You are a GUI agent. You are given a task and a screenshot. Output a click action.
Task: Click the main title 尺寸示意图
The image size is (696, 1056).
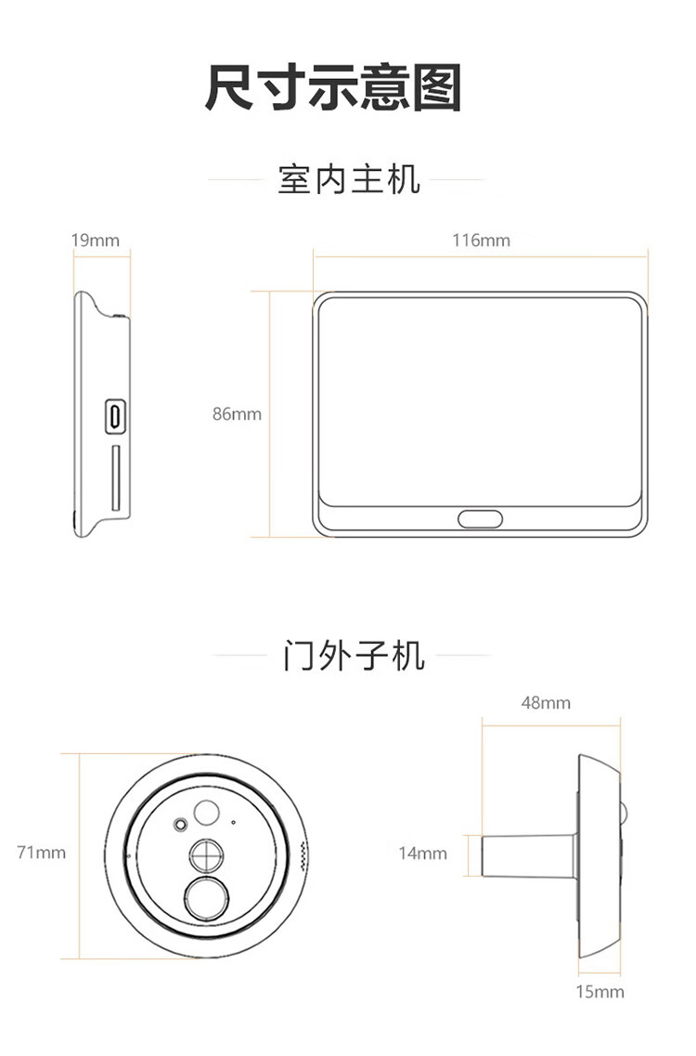pyautogui.click(x=333, y=87)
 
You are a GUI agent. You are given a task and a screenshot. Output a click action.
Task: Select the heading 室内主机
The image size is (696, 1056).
pyautogui.click(x=349, y=180)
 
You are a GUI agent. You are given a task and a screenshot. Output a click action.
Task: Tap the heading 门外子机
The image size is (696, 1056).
pyautogui.click(x=354, y=656)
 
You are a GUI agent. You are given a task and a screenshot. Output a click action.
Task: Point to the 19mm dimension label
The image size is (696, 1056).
pyautogui.click(x=95, y=241)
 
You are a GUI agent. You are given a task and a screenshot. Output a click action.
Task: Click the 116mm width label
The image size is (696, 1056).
pyautogui.click(x=481, y=241)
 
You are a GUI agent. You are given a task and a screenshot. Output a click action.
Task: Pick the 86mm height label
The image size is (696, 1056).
pyautogui.click(x=237, y=414)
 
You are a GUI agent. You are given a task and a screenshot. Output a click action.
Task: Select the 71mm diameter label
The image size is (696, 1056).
pyautogui.click(x=41, y=853)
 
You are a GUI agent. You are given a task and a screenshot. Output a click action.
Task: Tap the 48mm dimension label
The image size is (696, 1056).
pyautogui.click(x=546, y=703)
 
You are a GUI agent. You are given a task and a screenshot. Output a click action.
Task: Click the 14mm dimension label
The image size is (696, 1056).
pyautogui.click(x=423, y=854)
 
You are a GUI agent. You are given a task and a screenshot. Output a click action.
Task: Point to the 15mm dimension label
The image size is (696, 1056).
pyautogui.click(x=599, y=992)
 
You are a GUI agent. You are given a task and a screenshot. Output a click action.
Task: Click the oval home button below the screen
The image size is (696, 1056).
pyautogui.click(x=480, y=519)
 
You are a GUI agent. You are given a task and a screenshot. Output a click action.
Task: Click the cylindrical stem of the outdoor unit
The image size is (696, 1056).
pyautogui.click(x=529, y=856)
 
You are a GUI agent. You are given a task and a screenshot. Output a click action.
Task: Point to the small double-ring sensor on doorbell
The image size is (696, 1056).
pyautogui.click(x=180, y=825)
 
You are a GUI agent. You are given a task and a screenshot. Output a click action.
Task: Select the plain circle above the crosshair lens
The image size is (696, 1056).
pyautogui.click(x=207, y=813)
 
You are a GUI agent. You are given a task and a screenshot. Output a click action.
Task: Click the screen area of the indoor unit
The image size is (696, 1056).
pyautogui.click(x=480, y=402)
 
